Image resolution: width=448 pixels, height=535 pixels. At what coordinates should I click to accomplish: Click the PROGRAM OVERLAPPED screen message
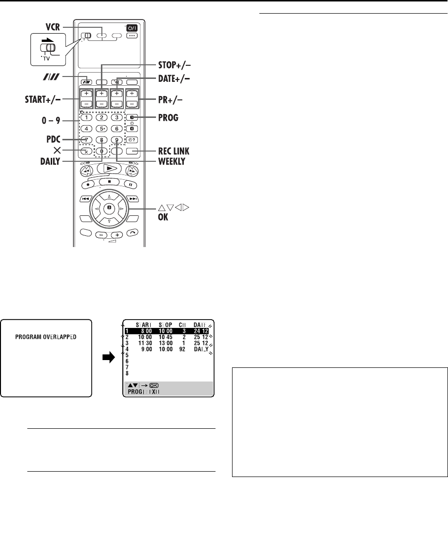point(46,337)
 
